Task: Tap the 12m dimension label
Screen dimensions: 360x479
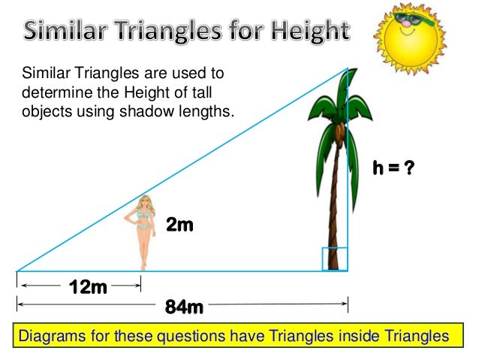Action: click(87, 286)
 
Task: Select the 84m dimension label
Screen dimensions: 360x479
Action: click(184, 307)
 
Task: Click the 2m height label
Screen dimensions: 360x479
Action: click(179, 224)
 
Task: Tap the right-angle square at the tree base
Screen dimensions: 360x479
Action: click(335, 259)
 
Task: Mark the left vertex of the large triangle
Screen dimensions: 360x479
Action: click(17, 271)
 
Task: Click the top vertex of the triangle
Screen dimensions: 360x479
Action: click(348, 68)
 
